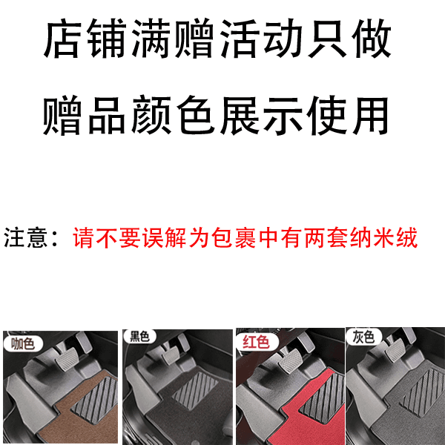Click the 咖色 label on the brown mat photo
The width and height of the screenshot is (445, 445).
23,343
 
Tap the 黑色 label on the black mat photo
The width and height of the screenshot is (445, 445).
139,337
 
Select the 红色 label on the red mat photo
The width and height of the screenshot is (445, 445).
256,342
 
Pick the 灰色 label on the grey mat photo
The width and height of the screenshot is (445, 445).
363,337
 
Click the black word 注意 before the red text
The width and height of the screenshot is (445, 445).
25,237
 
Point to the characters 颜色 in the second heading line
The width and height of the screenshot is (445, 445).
173,115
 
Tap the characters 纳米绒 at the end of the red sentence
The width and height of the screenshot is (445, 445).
384,237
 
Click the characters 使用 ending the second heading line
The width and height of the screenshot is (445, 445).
347,115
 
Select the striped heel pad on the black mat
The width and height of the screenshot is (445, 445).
195,387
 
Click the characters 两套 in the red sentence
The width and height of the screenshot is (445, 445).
326,237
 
